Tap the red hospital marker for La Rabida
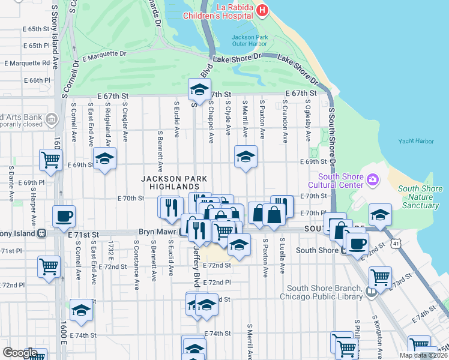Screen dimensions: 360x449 tap(262, 10)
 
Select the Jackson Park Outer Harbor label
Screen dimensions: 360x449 tap(250, 41)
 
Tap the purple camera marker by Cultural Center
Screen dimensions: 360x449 tap(373, 179)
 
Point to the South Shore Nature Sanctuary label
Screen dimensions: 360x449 tap(421, 197)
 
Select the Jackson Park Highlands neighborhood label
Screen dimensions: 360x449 tap(174, 183)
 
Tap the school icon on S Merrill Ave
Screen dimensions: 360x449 tap(246, 157)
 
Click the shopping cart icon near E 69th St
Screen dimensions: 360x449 tap(50, 160)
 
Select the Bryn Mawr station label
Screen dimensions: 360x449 tap(156, 232)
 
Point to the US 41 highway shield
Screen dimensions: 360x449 tap(395, 242)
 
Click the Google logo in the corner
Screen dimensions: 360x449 tap(19, 353)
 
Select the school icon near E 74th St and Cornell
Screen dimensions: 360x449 tap(81, 310)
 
